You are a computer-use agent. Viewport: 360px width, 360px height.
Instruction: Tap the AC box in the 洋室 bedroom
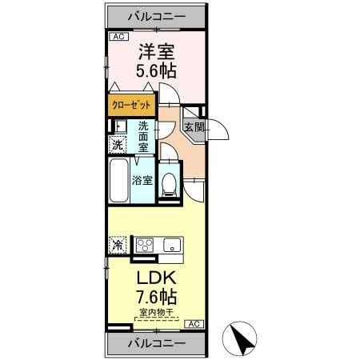coord(117,37)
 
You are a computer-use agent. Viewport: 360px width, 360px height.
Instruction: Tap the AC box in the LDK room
coord(193,324)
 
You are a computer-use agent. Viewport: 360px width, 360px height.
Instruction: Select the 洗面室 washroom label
coord(144,137)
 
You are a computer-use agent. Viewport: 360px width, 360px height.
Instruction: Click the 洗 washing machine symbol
coord(117,145)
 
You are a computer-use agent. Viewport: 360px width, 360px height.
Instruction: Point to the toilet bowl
coord(169,183)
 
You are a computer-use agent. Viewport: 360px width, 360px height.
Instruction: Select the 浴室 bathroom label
coord(142,180)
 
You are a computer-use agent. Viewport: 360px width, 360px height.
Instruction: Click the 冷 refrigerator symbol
coord(117,246)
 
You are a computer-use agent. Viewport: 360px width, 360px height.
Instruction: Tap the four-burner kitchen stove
coord(145,245)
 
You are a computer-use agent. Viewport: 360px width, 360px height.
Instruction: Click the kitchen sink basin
coord(170,246)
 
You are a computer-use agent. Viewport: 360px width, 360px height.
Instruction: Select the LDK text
coord(154,281)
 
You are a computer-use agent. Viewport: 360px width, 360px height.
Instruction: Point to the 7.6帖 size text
coord(154,298)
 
